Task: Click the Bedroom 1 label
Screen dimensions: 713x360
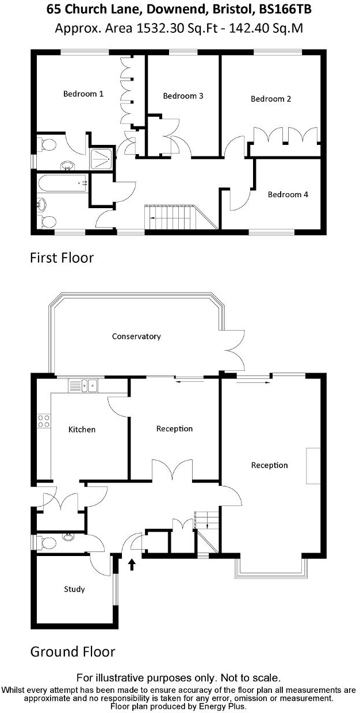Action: [83, 94]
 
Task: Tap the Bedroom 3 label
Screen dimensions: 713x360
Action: [183, 96]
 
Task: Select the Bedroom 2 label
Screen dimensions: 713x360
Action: [271, 99]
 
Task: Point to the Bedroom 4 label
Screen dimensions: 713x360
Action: [288, 194]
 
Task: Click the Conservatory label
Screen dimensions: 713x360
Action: [136, 336]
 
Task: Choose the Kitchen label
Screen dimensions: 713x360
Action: [82, 430]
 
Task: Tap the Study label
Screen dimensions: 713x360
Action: [75, 589]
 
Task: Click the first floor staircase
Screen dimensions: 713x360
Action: [170, 217]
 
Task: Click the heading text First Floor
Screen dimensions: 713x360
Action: [62, 258]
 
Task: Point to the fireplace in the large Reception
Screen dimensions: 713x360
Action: [313, 465]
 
